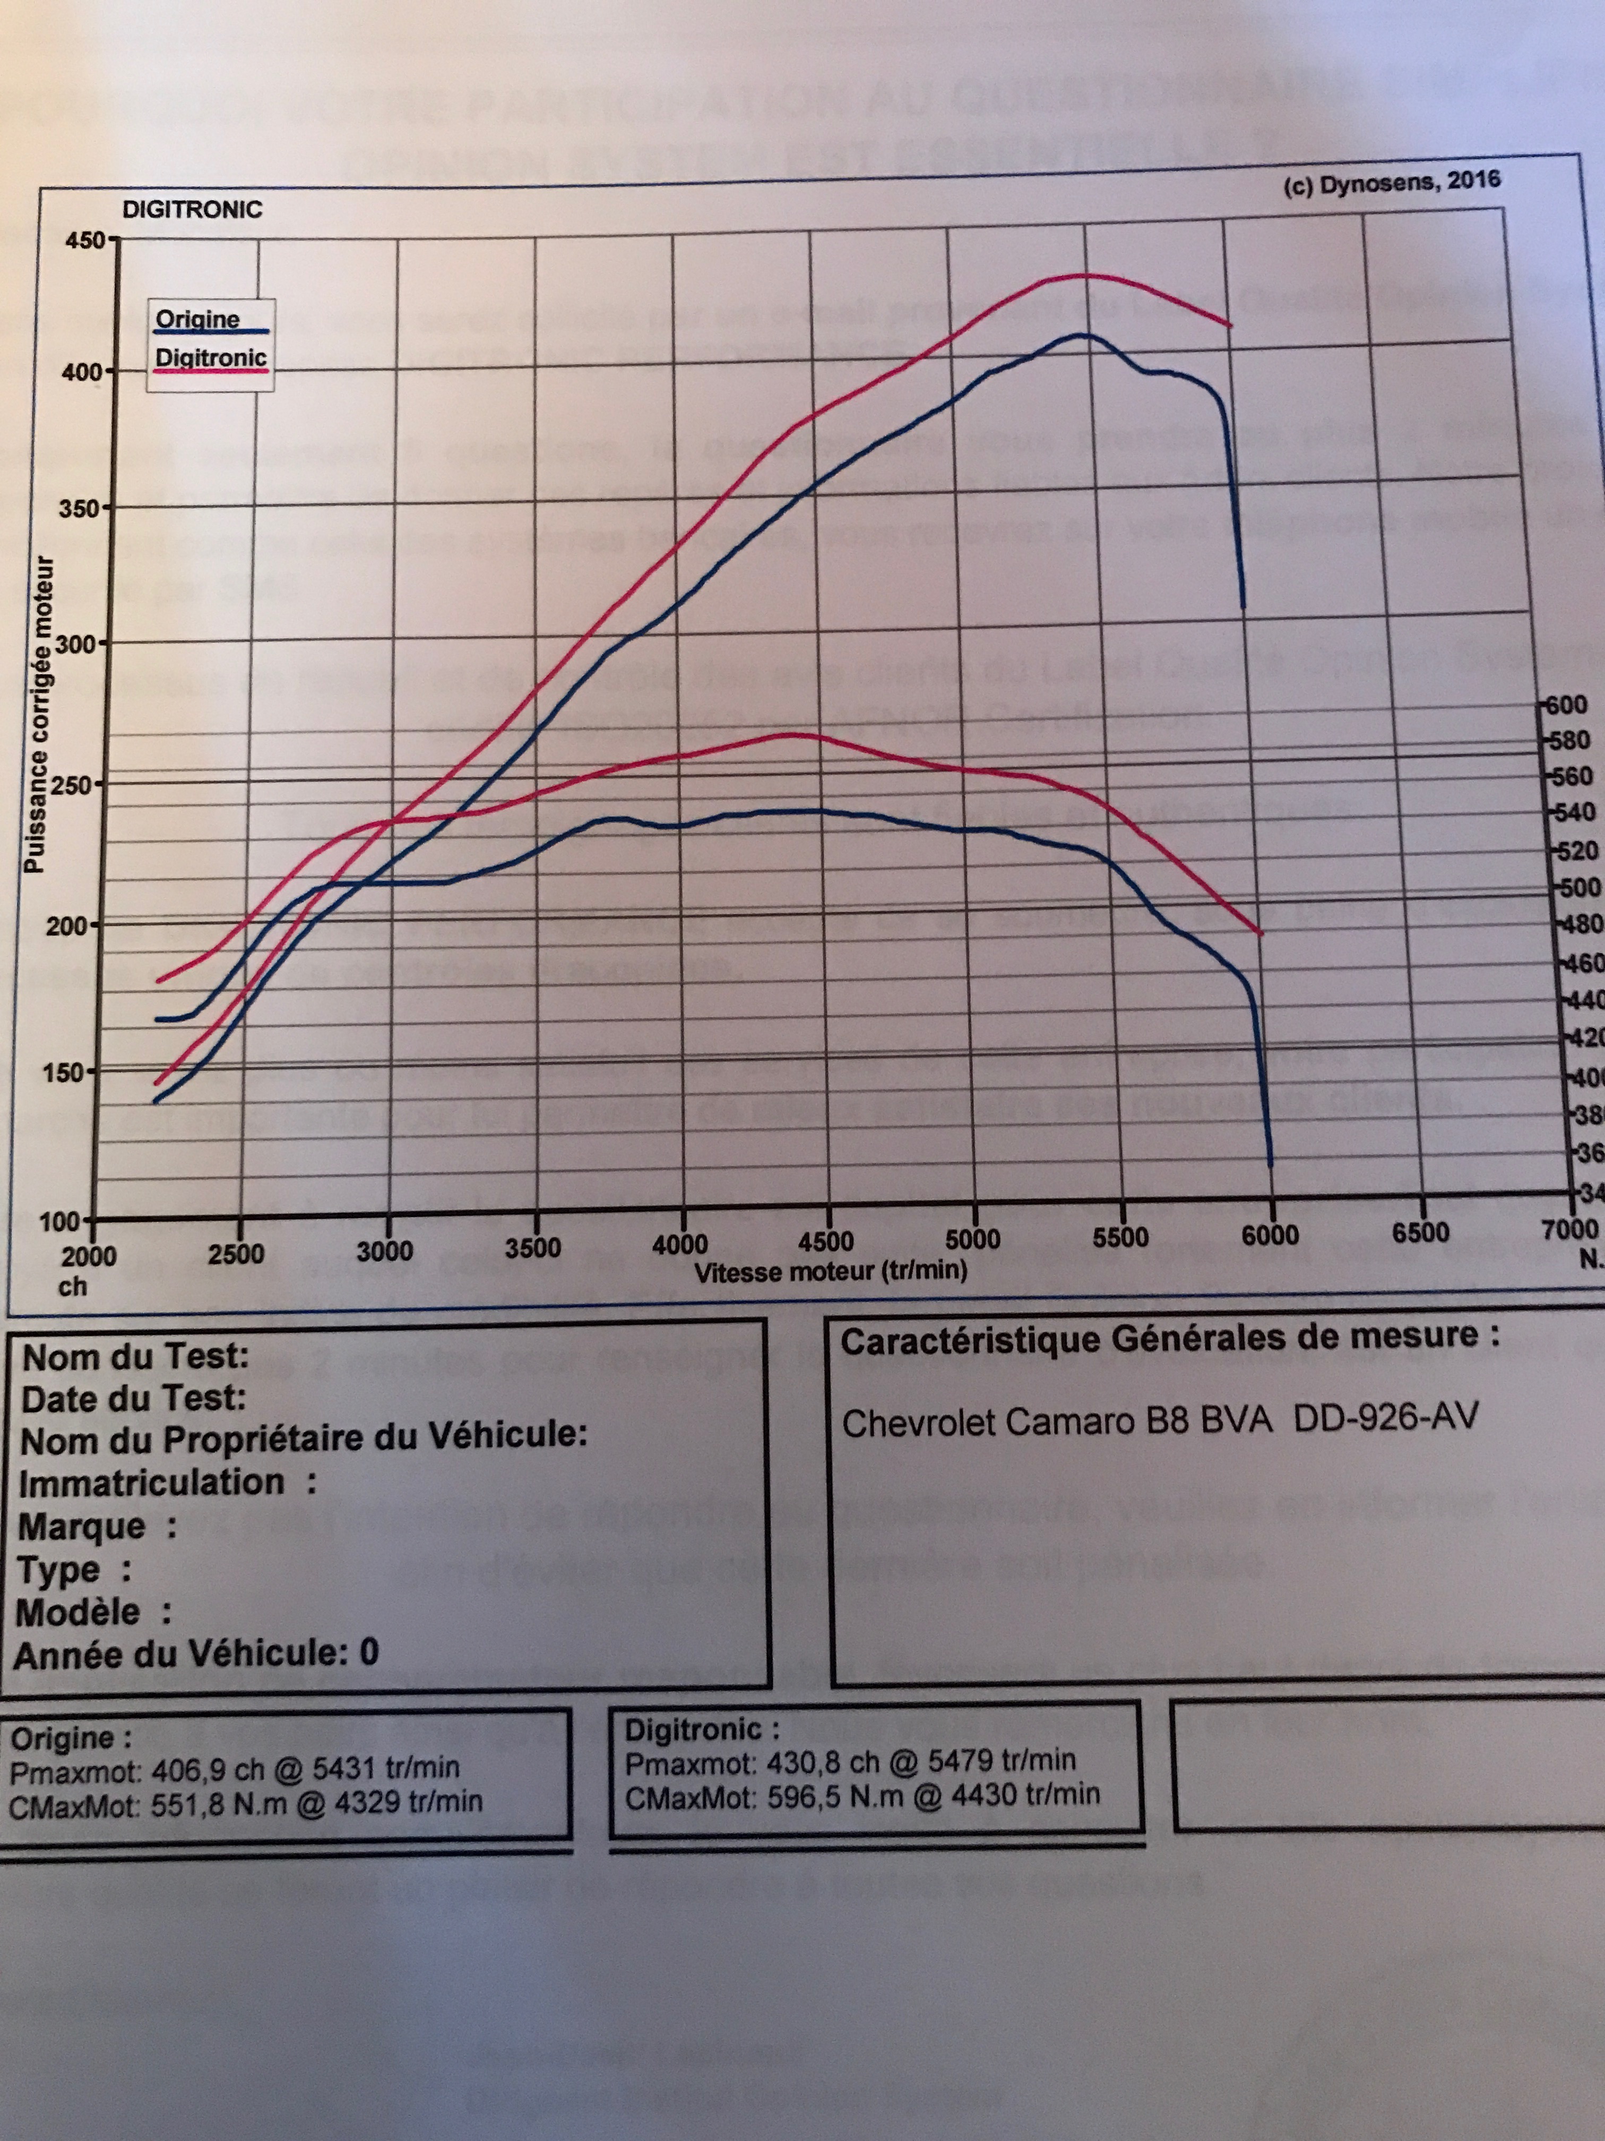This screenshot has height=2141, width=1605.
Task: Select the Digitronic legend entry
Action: coord(211,358)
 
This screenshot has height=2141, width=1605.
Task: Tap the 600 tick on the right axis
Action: coord(1567,705)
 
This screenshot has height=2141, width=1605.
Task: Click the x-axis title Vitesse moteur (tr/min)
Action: coord(830,1271)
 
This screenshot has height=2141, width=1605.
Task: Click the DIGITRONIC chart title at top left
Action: coord(192,209)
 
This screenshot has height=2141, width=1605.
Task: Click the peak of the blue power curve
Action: coord(1084,335)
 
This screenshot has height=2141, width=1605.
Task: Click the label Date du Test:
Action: coord(134,1399)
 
